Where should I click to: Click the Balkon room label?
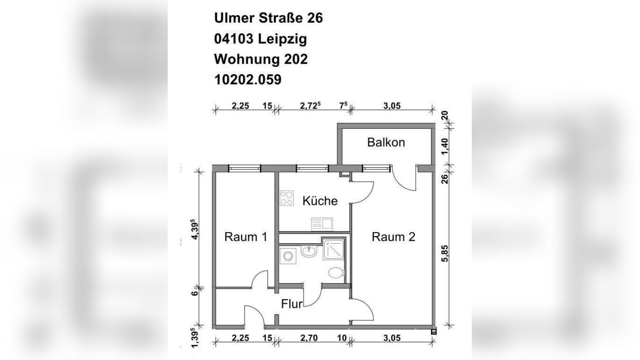pos(386,142)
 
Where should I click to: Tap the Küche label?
pos(320,201)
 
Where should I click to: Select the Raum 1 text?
pos(246,237)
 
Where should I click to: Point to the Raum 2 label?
pos(393,237)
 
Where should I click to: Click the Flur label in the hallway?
pos(291,304)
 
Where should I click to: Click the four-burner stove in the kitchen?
pos(287,198)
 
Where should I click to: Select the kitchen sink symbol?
pos(321,224)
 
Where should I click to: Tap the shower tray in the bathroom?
pos(333,248)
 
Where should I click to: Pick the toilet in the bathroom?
pos(336,273)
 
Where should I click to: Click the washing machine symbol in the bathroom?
pos(287,256)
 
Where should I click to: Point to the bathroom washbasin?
pos(309,252)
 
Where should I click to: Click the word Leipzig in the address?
pos(283,39)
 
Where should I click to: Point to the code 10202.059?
pos(247,80)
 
